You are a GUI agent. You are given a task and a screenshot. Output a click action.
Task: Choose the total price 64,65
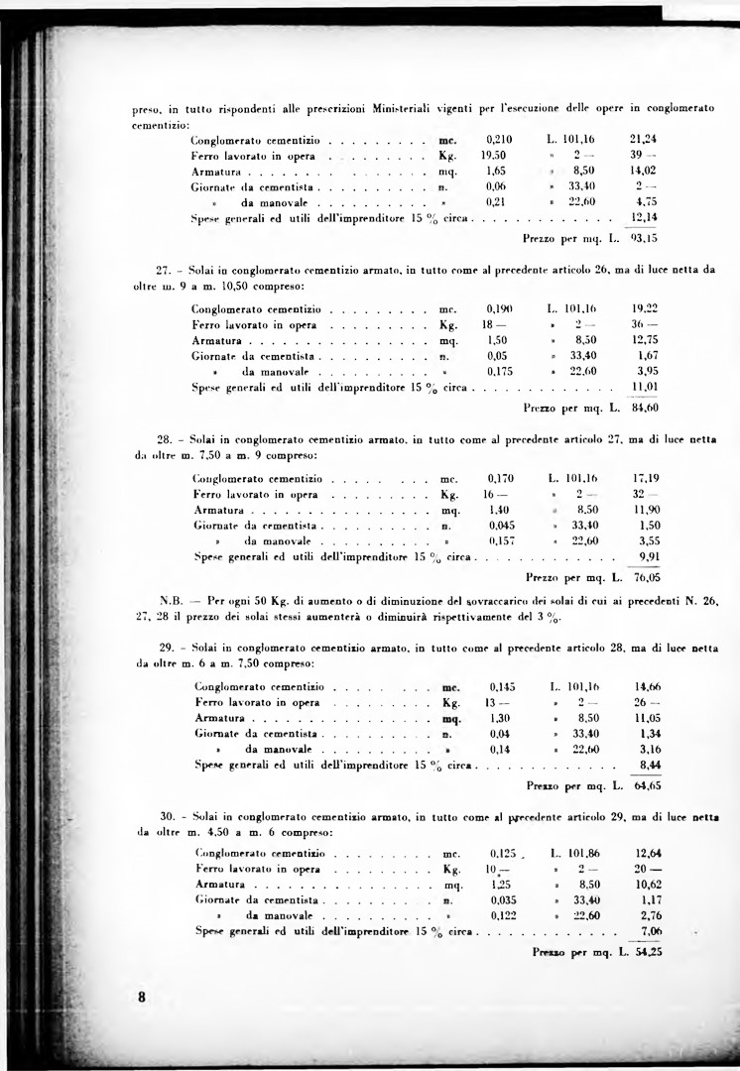[648, 784]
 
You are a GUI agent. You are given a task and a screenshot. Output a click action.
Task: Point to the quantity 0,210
[500, 140]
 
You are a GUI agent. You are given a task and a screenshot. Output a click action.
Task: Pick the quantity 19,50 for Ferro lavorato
[495, 156]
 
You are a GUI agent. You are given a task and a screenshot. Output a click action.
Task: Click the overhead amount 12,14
[646, 216]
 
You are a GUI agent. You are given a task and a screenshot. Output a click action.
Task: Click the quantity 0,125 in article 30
[506, 853]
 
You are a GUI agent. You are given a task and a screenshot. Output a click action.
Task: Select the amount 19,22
[646, 308]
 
